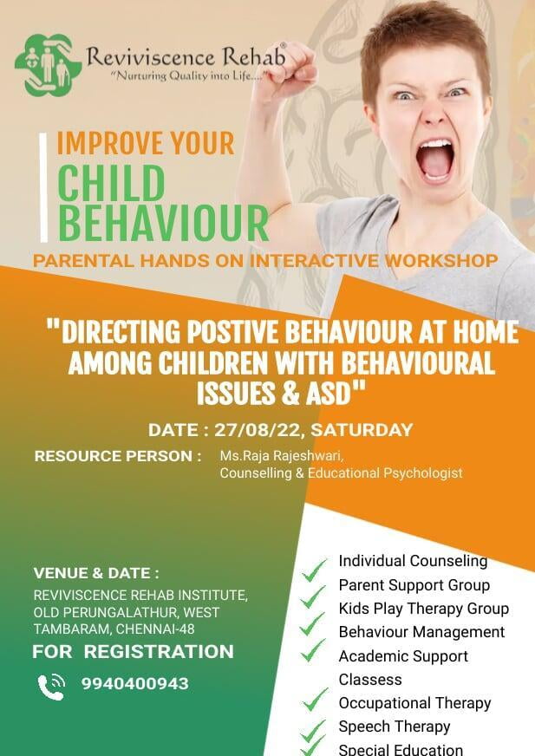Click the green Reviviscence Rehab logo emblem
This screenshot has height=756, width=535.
click(48, 65)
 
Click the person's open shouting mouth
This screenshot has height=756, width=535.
click(435, 160)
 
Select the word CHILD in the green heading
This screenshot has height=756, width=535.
click(111, 183)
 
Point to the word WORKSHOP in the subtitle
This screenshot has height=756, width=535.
click(441, 260)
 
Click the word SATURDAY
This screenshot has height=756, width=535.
click(362, 430)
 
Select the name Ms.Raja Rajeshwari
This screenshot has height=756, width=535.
click(281, 456)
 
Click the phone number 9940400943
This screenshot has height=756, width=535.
click(134, 683)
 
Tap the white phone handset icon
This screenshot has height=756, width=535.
click(51, 686)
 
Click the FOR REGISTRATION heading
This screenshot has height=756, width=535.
click(133, 651)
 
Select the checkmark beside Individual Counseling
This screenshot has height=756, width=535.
click(315, 569)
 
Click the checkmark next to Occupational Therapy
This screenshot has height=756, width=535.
click(316, 700)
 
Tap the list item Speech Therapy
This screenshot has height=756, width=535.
click(395, 727)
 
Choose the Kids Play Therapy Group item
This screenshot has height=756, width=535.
click(423, 609)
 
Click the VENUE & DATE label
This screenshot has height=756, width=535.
click(96, 573)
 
